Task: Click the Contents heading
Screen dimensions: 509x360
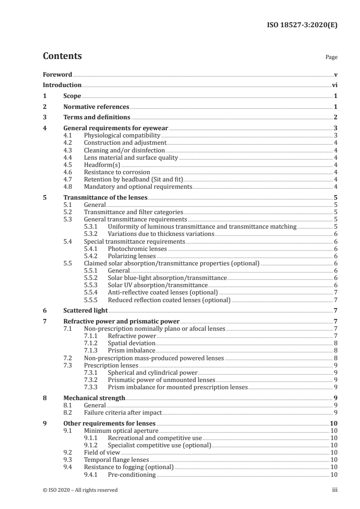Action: click(62, 56)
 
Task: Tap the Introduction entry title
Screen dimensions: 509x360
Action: click(62, 85)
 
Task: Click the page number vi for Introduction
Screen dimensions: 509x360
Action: click(334, 85)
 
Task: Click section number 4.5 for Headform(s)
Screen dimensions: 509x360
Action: click(68, 165)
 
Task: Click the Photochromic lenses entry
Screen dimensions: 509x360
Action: click(137, 249)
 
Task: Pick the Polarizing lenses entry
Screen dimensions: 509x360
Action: click(132, 256)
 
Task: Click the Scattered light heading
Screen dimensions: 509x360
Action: click(85, 310)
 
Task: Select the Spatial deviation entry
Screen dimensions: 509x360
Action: click(131, 343)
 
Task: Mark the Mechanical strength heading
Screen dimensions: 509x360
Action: click(94, 398)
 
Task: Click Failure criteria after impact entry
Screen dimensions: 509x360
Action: click(123, 412)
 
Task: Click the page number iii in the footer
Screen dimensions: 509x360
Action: click(335, 489)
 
